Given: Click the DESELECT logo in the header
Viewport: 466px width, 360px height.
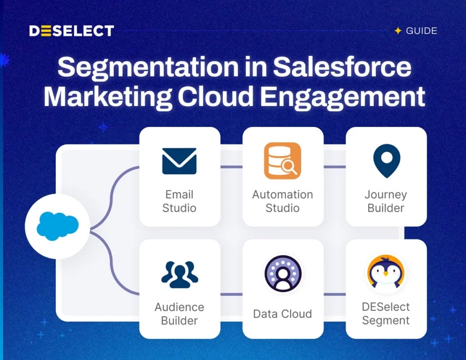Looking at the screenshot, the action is click(71, 31).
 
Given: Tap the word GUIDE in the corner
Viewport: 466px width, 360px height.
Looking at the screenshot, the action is click(421, 31).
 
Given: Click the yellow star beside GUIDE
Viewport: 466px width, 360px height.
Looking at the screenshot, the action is click(398, 30).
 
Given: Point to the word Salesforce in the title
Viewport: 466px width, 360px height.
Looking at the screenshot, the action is click(342, 66).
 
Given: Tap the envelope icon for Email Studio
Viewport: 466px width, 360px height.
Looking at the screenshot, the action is click(179, 161).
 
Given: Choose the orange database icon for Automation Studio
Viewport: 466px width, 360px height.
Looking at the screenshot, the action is click(282, 161).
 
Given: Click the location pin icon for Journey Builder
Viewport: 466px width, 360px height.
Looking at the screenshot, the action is click(387, 161).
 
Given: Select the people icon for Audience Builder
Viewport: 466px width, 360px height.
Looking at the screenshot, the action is click(179, 274).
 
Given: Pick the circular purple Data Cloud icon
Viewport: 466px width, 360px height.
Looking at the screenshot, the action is click(283, 274).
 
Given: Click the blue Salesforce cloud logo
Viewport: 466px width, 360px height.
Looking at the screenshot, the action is click(58, 226).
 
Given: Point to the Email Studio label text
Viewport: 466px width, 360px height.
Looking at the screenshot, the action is click(179, 201).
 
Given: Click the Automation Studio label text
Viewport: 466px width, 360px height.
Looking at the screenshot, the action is click(283, 201).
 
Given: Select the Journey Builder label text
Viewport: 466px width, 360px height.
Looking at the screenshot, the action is click(386, 201).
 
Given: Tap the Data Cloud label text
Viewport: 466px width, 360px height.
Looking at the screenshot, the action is click(283, 314).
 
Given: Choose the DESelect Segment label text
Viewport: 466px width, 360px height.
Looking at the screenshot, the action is click(386, 314).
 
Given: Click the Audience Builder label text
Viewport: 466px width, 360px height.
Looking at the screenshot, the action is click(179, 314).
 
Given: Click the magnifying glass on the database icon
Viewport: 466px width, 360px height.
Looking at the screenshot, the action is click(289, 167).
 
